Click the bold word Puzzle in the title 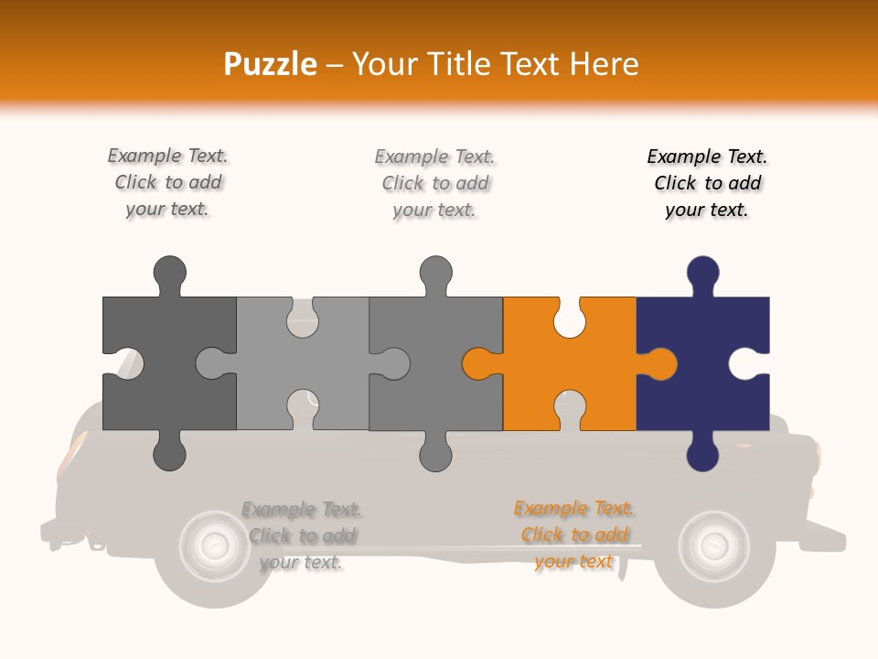(x=271, y=65)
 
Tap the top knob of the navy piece (x=702, y=275)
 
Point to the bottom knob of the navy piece (x=702, y=451)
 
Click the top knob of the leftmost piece (x=170, y=275)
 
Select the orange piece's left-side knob (x=480, y=363)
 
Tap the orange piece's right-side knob (x=658, y=363)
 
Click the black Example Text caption (x=707, y=183)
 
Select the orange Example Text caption (x=574, y=535)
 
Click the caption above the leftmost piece (x=167, y=182)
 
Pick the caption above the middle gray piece (x=434, y=183)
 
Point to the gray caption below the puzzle (x=301, y=535)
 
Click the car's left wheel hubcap (x=213, y=546)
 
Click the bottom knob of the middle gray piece (x=435, y=451)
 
